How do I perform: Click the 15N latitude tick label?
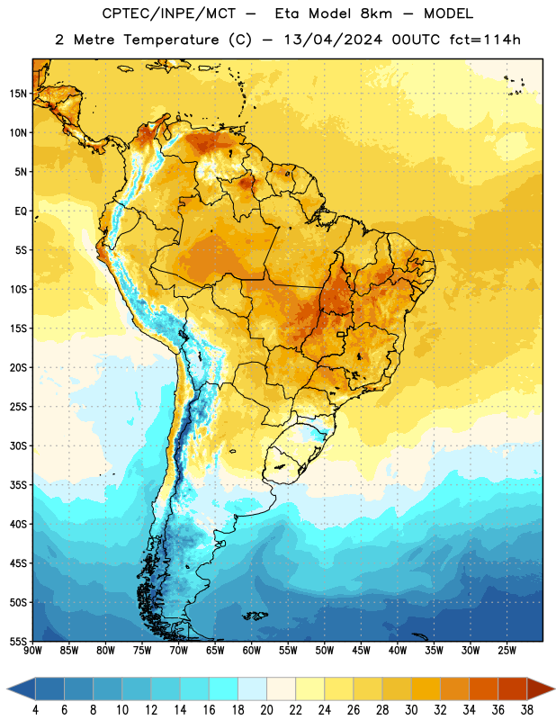point(18,94)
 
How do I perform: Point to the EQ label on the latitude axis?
point(21,211)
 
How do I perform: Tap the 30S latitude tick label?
point(18,445)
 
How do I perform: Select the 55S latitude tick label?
point(18,642)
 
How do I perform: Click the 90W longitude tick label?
point(32,651)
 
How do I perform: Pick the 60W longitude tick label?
point(252,651)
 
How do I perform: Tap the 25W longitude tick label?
point(507,651)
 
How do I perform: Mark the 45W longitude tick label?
point(361,651)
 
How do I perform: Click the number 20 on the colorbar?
point(266,710)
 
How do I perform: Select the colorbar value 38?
point(527,710)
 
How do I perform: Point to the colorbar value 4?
point(35,710)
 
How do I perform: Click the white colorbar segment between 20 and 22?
point(281,688)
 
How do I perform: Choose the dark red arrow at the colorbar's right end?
point(541,688)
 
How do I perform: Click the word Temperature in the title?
point(171,40)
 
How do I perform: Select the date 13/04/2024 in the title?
point(333,40)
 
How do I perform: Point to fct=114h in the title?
point(485,40)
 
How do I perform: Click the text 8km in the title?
point(376,13)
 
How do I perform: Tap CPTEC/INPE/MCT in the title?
point(168,14)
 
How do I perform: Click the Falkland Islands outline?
point(255,616)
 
